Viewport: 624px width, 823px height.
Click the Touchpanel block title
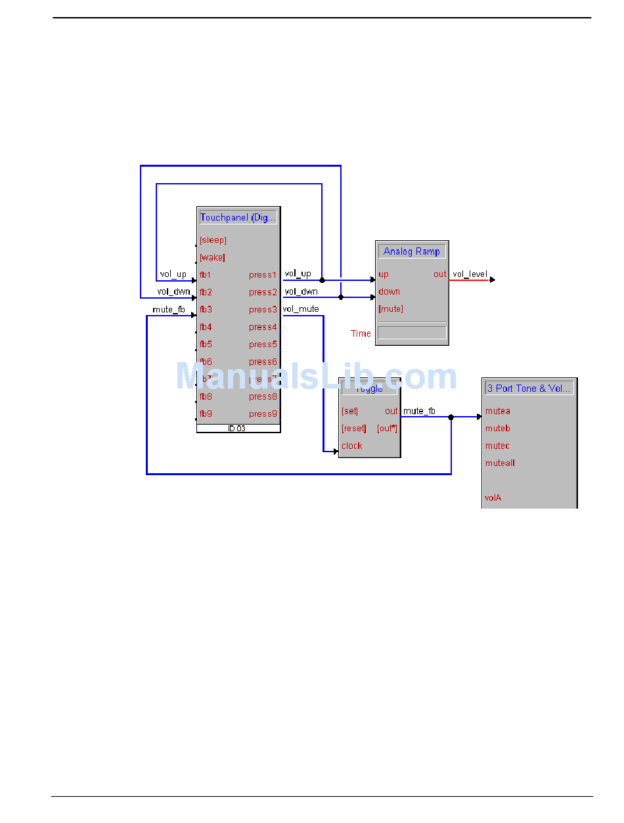click(x=238, y=217)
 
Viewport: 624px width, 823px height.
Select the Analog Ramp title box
click(x=412, y=251)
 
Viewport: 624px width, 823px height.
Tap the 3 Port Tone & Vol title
click(x=529, y=389)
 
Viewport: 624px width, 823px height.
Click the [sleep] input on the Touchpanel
click(x=213, y=240)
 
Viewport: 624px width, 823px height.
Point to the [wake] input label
click(x=212, y=257)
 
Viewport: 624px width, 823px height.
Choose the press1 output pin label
click(x=263, y=274)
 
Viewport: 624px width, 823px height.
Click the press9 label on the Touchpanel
click(x=263, y=414)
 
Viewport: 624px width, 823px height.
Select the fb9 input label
click(x=206, y=414)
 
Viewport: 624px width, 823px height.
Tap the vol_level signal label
click(x=470, y=274)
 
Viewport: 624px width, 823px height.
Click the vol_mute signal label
click(x=301, y=308)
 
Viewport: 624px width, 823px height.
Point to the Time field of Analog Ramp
click(x=412, y=333)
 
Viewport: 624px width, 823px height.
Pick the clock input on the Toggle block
click(x=351, y=446)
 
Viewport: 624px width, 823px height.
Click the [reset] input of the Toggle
click(x=354, y=429)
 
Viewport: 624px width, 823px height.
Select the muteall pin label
click(x=500, y=463)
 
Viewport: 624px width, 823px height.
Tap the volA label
click(x=493, y=498)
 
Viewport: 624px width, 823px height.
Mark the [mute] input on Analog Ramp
click(x=391, y=308)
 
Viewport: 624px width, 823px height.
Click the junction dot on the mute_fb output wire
click(x=451, y=417)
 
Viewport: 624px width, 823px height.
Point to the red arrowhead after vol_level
click(x=493, y=280)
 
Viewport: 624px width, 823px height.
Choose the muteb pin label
click(x=497, y=429)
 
